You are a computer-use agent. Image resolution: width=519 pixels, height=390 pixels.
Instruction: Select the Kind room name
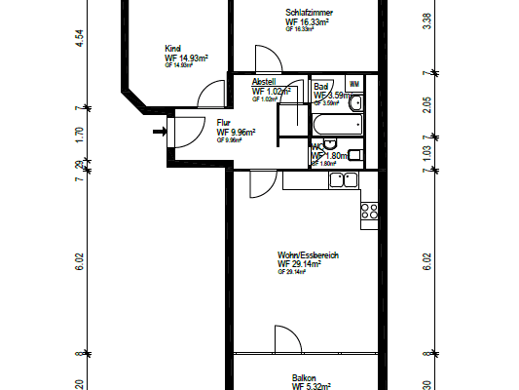tap(173, 49)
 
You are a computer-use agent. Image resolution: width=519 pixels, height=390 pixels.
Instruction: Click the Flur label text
tap(223, 123)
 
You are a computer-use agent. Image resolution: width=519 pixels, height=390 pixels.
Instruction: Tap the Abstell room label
tap(264, 82)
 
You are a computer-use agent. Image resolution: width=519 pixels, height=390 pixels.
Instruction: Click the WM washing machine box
tap(353, 86)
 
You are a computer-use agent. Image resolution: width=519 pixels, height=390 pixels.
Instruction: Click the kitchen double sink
tap(343, 179)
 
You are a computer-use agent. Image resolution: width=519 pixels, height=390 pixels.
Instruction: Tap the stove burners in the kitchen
tap(370, 211)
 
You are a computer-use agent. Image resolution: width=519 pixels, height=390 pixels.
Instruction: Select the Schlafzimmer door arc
tap(263, 58)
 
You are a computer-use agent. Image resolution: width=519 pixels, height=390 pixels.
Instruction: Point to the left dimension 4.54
tap(78, 39)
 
